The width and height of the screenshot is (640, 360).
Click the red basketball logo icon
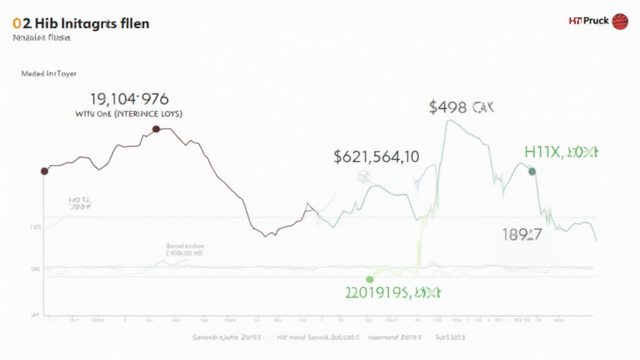coord(620,21)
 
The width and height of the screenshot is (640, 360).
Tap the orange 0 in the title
coord(16,24)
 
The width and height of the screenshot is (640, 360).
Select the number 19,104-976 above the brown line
coord(130,99)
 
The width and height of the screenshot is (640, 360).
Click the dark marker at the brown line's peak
coord(156,129)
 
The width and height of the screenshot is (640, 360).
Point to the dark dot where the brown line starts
coord(44,171)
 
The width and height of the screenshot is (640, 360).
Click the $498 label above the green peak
coord(461,107)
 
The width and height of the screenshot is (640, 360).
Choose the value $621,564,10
coord(376,156)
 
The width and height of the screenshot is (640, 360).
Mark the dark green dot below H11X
coord(532,171)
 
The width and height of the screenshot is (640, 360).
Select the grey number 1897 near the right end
coord(522,235)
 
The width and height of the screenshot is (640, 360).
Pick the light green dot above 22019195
coord(369,279)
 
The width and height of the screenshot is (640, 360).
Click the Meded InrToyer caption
coord(49,73)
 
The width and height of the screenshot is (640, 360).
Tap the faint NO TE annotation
coord(81,202)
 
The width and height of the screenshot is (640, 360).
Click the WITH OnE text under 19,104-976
coord(129,114)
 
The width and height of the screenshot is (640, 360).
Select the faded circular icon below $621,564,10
coord(363,177)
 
